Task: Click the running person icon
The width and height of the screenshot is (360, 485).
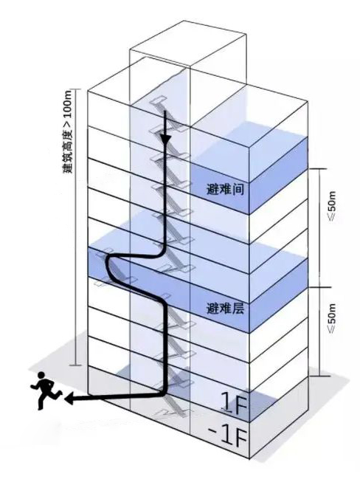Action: (x=46, y=391)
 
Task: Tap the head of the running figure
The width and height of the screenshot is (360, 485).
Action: (x=41, y=375)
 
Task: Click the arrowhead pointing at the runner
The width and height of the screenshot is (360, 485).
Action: (x=69, y=399)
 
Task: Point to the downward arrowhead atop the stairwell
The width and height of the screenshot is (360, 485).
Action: (x=165, y=139)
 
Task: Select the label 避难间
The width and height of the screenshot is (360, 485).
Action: (x=225, y=189)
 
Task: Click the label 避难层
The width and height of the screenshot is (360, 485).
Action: (x=225, y=308)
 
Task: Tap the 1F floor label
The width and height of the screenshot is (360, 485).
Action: (x=234, y=403)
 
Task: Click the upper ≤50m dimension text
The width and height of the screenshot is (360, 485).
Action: (x=332, y=207)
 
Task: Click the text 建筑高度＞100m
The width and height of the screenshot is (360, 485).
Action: (x=68, y=131)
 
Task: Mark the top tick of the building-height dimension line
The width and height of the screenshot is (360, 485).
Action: (x=76, y=90)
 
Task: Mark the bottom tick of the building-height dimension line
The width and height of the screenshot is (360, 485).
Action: (x=76, y=365)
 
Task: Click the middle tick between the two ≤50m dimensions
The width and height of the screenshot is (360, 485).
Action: (x=319, y=287)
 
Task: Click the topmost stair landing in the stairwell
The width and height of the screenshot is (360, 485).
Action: (x=158, y=100)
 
